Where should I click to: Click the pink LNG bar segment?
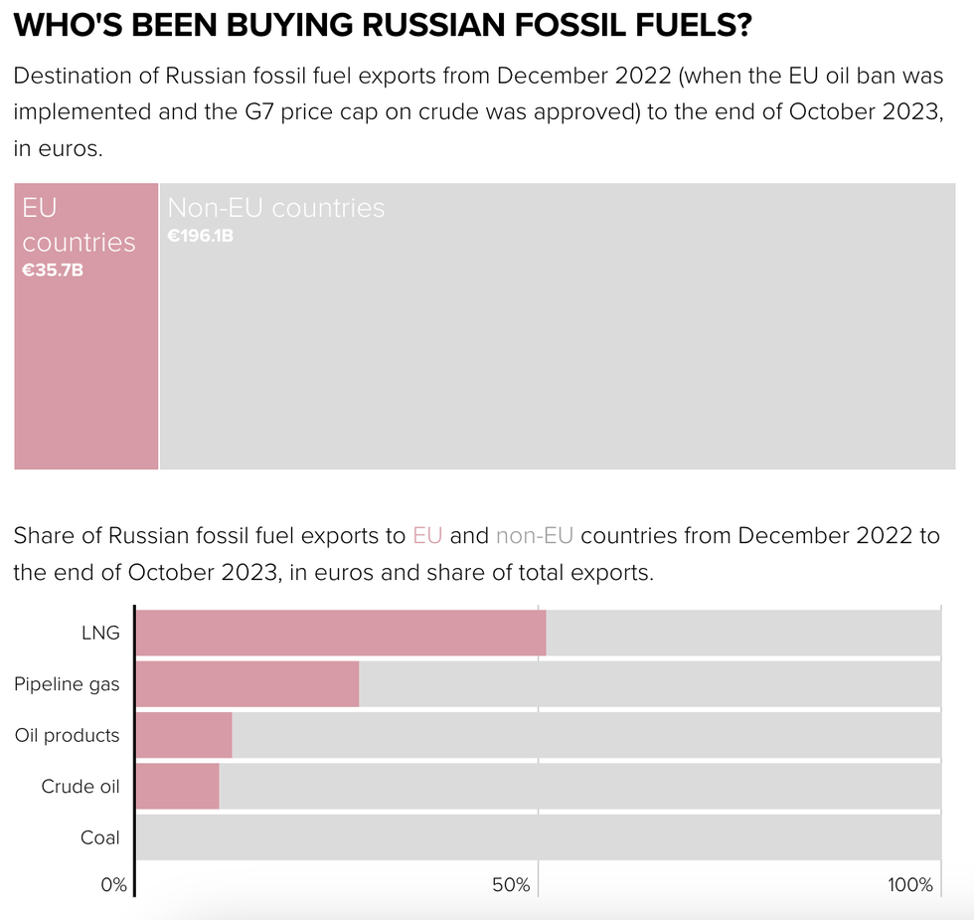pyautogui.click(x=340, y=634)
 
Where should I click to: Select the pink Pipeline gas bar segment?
pyautogui.click(x=246, y=684)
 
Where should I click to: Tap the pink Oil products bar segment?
pyautogui.click(x=183, y=736)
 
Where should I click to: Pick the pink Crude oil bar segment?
pyautogui.click(x=177, y=787)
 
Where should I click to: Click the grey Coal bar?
pyautogui.click(x=537, y=837)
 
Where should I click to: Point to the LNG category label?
pyautogui.click(x=100, y=634)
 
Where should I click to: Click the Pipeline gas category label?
pyautogui.click(x=67, y=684)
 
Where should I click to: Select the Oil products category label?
pyautogui.click(x=67, y=736)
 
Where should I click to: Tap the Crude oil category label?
pyautogui.click(x=80, y=787)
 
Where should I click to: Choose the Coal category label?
pyautogui.click(x=99, y=837)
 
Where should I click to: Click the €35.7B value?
pyautogui.click(x=53, y=270)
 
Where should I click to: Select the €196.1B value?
pyautogui.click(x=200, y=236)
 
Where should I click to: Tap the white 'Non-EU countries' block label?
pyautogui.click(x=275, y=208)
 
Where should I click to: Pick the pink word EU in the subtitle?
pyautogui.click(x=427, y=536)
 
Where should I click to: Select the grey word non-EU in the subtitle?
pyautogui.click(x=535, y=536)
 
